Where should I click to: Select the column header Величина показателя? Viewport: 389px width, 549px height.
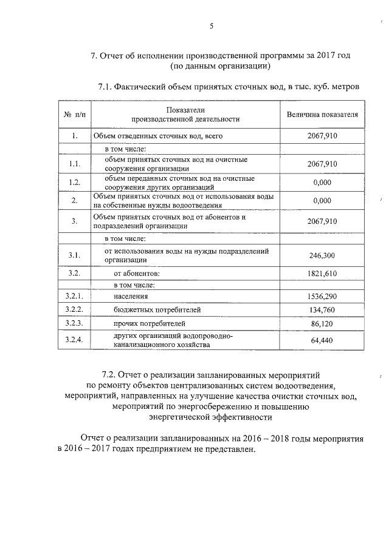(322, 115)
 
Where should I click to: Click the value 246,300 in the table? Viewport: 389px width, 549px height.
(322, 256)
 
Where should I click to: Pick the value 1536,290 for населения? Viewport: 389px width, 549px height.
(322, 297)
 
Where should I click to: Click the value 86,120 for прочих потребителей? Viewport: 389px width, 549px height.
(322, 324)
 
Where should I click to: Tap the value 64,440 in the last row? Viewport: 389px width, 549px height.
(322, 341)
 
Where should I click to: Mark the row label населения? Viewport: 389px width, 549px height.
(131, 297)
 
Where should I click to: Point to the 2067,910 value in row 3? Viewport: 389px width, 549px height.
(322, 221)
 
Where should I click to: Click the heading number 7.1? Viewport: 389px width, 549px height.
(104, 87)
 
